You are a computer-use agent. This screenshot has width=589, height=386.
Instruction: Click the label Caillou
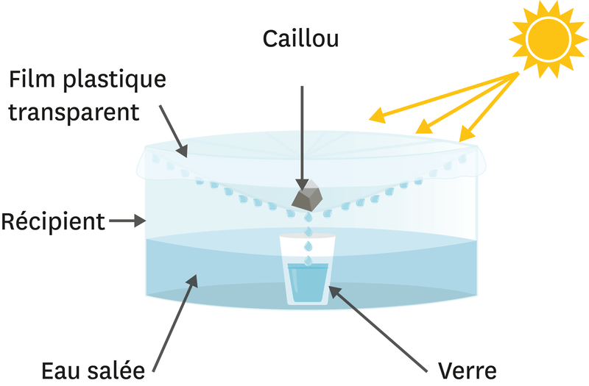pos(300,39)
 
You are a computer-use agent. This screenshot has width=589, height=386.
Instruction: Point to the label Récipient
pos(53,221)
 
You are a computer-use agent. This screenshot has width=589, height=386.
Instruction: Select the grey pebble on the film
pos(308,194)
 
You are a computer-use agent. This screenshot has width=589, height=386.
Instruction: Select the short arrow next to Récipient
pos(130,220)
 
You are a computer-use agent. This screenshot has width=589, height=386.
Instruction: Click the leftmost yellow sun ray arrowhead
pos(376,115)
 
